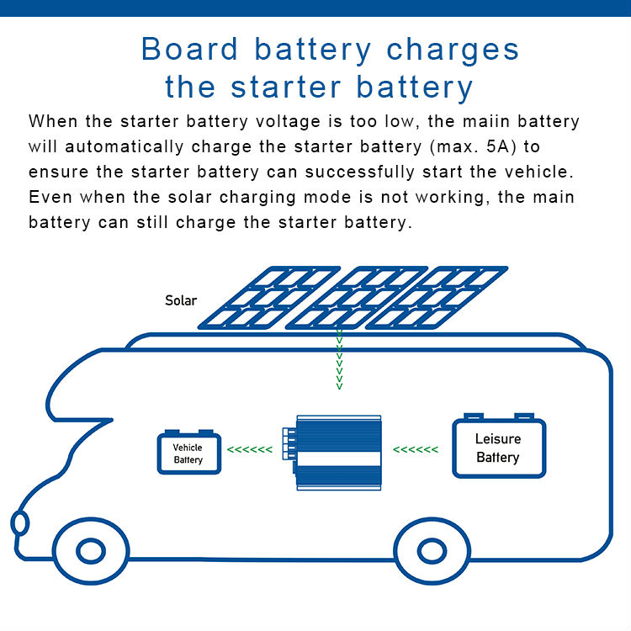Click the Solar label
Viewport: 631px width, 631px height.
pyautogui.click(x=181, y=300)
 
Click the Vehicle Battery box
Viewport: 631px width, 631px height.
pyautogui.click(x=188, y=453)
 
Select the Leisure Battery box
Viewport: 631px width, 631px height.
pyautogui.click(x=498, y=448)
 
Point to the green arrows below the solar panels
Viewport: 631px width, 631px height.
pyautogui.click(x=339, y=361)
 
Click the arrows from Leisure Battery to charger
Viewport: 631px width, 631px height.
pyautogui.click(x=416, y=450)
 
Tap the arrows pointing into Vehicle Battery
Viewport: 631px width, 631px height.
pyautogui.click(x=251, y=450)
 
